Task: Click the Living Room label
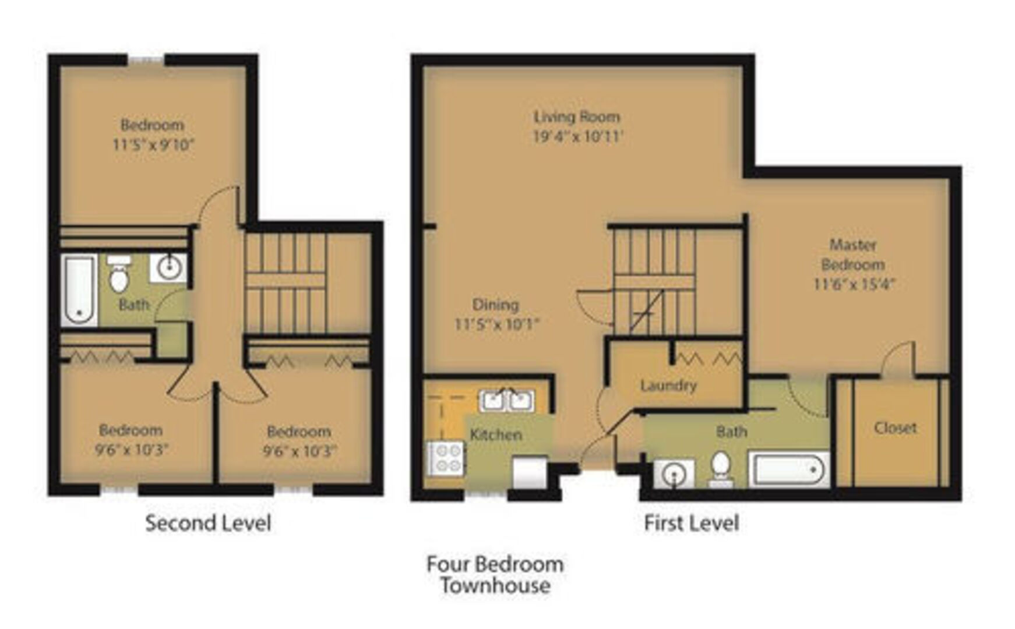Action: click(577, 117)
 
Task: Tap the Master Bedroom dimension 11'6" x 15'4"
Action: click(854, 284)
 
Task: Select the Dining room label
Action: click(495, 305)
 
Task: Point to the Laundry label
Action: click(668, 386)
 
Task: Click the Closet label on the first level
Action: click(896, 427)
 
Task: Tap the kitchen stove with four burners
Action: click(446, 458)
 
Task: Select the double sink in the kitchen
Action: click(506, 400)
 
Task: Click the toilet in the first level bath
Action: click(721, 469)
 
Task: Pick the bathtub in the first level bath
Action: click(790, 469)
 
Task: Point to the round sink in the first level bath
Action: click(674, 473)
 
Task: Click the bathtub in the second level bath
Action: click(79, 290)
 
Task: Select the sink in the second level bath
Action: click(168, 268)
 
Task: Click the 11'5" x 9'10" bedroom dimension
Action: click(153, 144)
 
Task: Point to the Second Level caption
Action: click(208, 523)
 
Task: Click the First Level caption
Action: click(692, 523)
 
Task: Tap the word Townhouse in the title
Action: click(495, 585)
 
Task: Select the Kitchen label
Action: click(496, 434)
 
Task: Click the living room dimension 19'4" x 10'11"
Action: click(578, 137)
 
